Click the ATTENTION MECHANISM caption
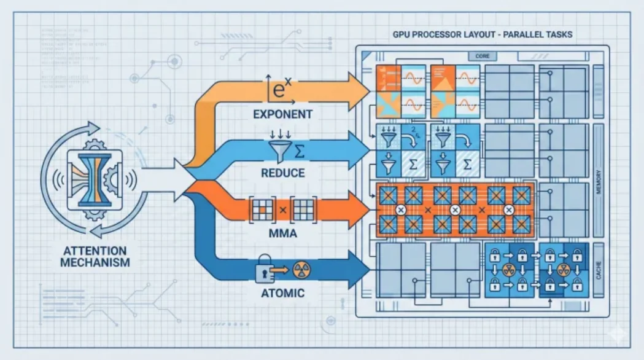(x=95, y=256)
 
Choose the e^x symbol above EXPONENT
(x=280, y=91)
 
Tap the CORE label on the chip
(x=483, y=57)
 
